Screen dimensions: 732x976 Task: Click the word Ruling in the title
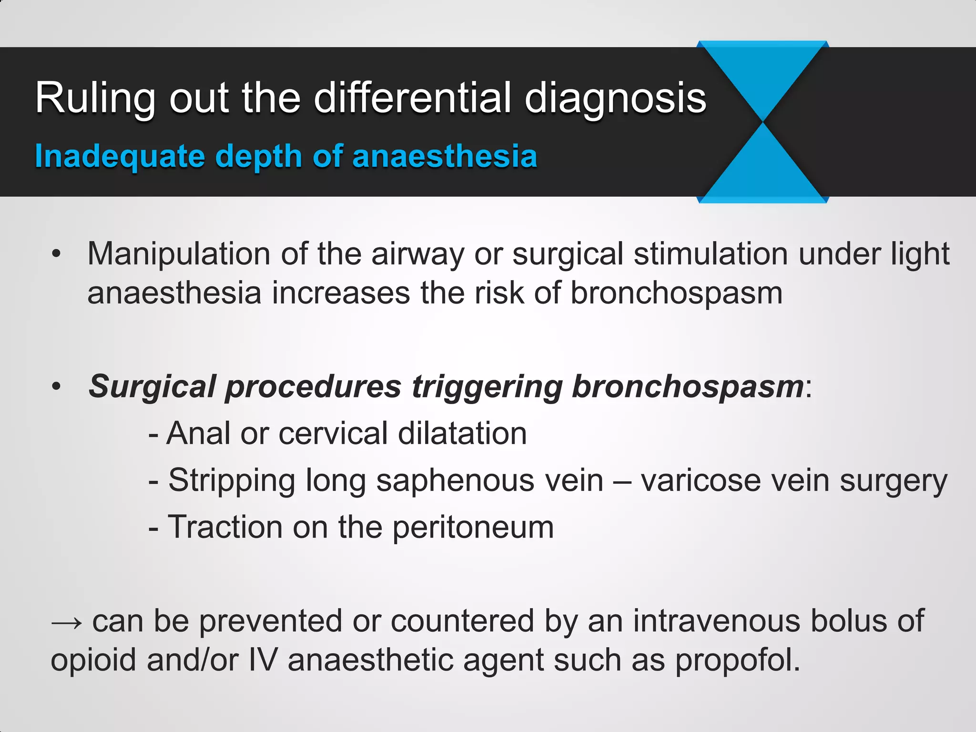[x=95, y=99]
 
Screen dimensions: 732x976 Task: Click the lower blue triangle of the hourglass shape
[x=762, y=169]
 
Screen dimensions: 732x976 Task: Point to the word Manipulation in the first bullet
[x=179, y=254]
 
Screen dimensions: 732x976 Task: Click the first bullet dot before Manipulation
[x=57, y=254]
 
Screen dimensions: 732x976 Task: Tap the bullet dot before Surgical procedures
[x=57, y=386]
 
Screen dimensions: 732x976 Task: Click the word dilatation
[x=462, y=433]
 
